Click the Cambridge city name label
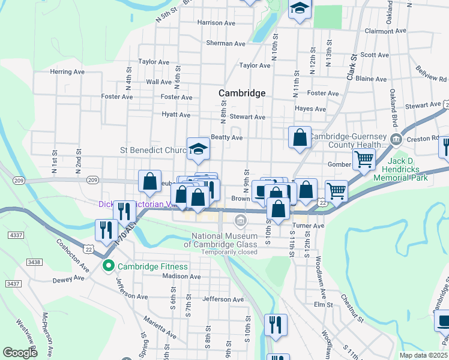pos(242,93)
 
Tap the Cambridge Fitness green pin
pos(109,266)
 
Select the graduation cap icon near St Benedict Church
pos(198,149)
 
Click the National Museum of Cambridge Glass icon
pos(241,222)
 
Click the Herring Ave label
pos(67,71)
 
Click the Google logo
pos(20,353)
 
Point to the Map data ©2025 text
pos(423,355)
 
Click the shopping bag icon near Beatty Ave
pos(300,137)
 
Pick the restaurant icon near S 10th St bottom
pos(276,325)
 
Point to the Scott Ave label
pos(375,55)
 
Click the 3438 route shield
pos(34,262)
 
